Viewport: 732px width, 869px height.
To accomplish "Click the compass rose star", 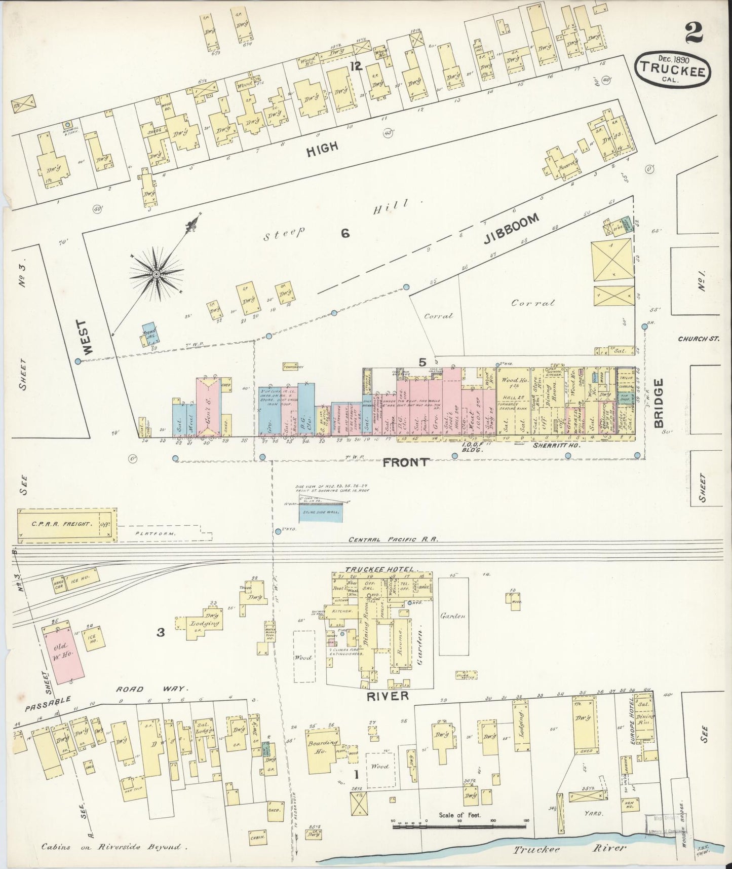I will coord(157,274).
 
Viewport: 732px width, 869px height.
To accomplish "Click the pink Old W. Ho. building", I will coord(64,653).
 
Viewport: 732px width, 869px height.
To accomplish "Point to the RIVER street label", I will coord(388,696).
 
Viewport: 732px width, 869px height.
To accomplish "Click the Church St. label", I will coord(699,339).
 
